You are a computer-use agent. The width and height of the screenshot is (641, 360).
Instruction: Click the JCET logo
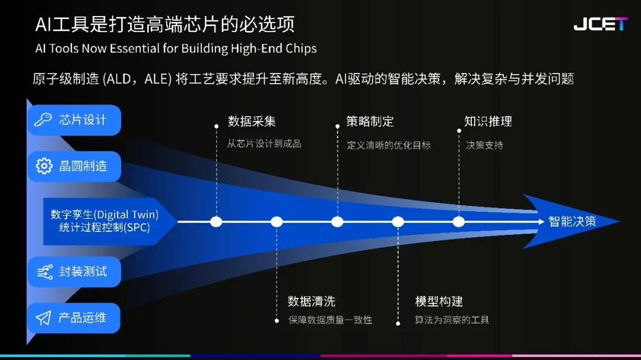tap(600, 24)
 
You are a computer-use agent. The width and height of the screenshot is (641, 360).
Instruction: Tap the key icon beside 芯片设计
tap(43, 119)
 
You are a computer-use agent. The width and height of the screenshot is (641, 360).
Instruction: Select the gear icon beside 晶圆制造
tap(44, 166)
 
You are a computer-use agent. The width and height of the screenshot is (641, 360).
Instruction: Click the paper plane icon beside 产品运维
tap(43, 318)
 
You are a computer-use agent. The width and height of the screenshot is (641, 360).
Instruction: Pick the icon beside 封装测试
tap(45, 272)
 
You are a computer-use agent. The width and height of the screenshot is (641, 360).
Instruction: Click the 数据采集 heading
tap(252, 121)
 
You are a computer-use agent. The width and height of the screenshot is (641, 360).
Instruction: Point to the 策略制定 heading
tap(370, 121)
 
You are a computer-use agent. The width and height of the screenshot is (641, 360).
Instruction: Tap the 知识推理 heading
tap(488, 121)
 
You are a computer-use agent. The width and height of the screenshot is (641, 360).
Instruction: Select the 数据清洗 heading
tap(312, 301)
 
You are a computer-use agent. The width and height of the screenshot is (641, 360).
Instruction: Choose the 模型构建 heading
tap(439, 301)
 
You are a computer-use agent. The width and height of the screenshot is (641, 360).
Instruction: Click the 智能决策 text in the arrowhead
tap(572, 221)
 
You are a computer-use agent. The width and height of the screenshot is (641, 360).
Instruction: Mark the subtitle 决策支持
tap(484, 145)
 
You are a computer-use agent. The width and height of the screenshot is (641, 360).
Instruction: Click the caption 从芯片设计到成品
tap(265, 144)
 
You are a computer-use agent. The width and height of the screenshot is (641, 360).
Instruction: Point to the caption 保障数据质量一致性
tap(331, 320)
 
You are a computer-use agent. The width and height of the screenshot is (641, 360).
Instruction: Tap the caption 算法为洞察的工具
tap(452, 320)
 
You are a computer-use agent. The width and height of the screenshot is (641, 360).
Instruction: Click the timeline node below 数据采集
tap(216, 222)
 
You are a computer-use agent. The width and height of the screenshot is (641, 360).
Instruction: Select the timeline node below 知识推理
tap(459, 222)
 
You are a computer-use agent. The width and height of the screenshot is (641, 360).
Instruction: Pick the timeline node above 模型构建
tap(398, 222)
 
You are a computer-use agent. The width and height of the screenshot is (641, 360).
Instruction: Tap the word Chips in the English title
tap(302, 49)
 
